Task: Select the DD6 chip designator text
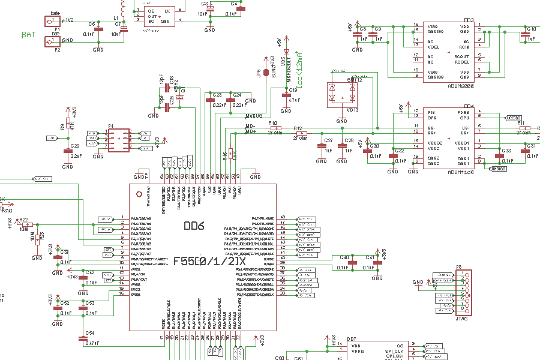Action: tap(194, 226)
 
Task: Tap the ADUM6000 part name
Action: tap(460, 86)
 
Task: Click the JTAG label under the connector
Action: tap(461, 319)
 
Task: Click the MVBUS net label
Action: tap(254, 115)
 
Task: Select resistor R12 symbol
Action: tap(302, 133)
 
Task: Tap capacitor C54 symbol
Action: tap(83, 338)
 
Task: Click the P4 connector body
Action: tap(118, 139)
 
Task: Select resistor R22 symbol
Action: tap(26, 224)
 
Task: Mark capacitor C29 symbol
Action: tap(67, 151)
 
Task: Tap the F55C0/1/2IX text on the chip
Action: tap(209, 262)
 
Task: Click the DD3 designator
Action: tap(469, 20)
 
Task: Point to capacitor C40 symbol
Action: tap(353, 263)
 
